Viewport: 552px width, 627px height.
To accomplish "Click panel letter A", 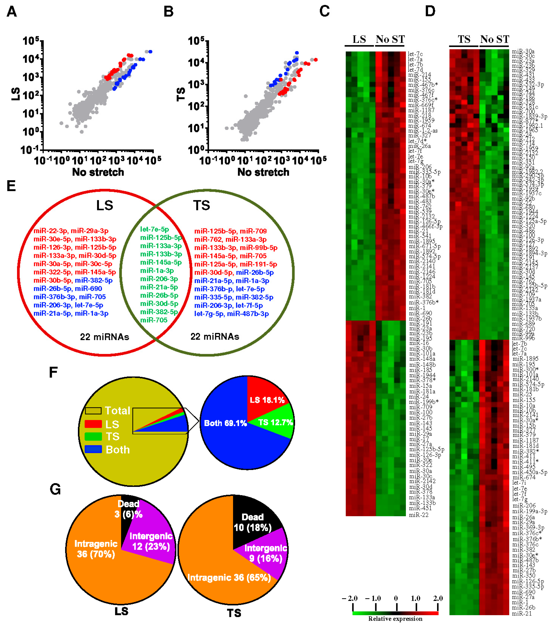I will point(12,12).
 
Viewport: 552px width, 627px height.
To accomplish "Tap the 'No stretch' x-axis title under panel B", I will point(263,172).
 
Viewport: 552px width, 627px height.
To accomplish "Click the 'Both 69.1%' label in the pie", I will point(225,423).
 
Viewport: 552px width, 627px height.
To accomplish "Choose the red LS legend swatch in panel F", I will point(93,424).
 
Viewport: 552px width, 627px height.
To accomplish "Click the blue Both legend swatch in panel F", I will point(93,449).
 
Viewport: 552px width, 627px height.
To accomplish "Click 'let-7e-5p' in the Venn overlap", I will point(154,229).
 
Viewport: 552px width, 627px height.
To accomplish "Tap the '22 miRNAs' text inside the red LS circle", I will point(104,337).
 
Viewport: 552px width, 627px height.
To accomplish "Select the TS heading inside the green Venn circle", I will point(201,205).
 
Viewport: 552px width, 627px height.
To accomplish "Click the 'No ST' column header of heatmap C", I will point(390,39).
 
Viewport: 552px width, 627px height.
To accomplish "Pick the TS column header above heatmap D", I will point(464,39).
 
